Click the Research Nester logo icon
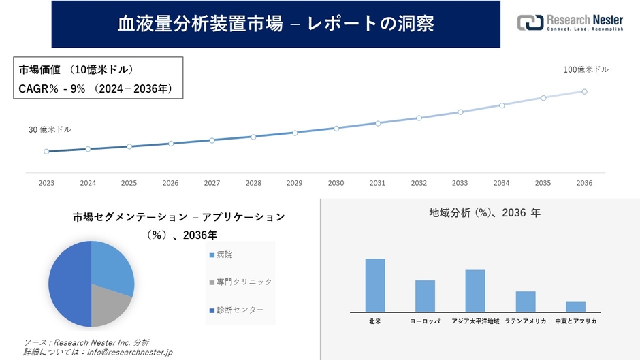click(530, 22)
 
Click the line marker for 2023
click(46, 152)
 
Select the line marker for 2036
click(584, 91)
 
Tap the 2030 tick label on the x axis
click(336, 183)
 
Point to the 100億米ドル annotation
click(586, 69)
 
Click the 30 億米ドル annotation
click(50, 129)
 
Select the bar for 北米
click(375, 285)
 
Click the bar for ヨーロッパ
click(425, 296)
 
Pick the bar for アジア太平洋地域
click(475, 291)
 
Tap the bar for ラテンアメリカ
click(526, 301)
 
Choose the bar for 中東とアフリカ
click(575, 306)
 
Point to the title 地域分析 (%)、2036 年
click(485, 213)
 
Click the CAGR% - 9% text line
click(95, 88)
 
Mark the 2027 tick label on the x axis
click(212, 183)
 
